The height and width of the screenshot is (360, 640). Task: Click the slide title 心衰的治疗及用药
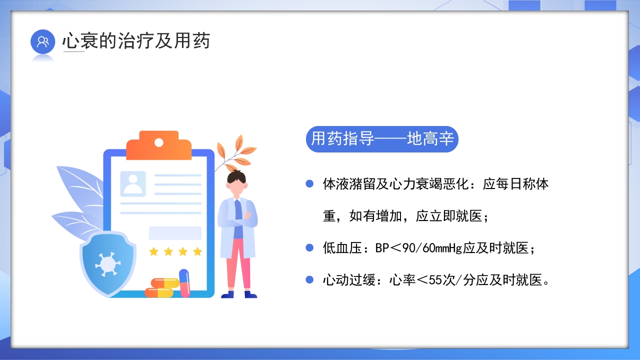click(136, 41)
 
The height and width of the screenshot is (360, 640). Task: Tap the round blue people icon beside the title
click(42, 41)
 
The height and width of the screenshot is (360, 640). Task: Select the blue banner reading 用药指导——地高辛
click(381, 139)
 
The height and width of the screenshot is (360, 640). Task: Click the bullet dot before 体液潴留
click(309, 184)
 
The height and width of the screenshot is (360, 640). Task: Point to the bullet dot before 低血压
click(309, 247)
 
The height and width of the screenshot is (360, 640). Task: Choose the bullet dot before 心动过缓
click(309, 280)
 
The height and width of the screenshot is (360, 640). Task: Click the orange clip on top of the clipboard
click(158, 145)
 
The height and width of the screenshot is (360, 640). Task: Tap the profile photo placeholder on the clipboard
click(133, 183)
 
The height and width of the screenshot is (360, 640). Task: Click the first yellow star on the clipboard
click(153, 251)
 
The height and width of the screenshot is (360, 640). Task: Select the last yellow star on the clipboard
click(197, 251)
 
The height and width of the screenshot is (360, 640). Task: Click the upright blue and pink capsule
click(184, 282)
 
